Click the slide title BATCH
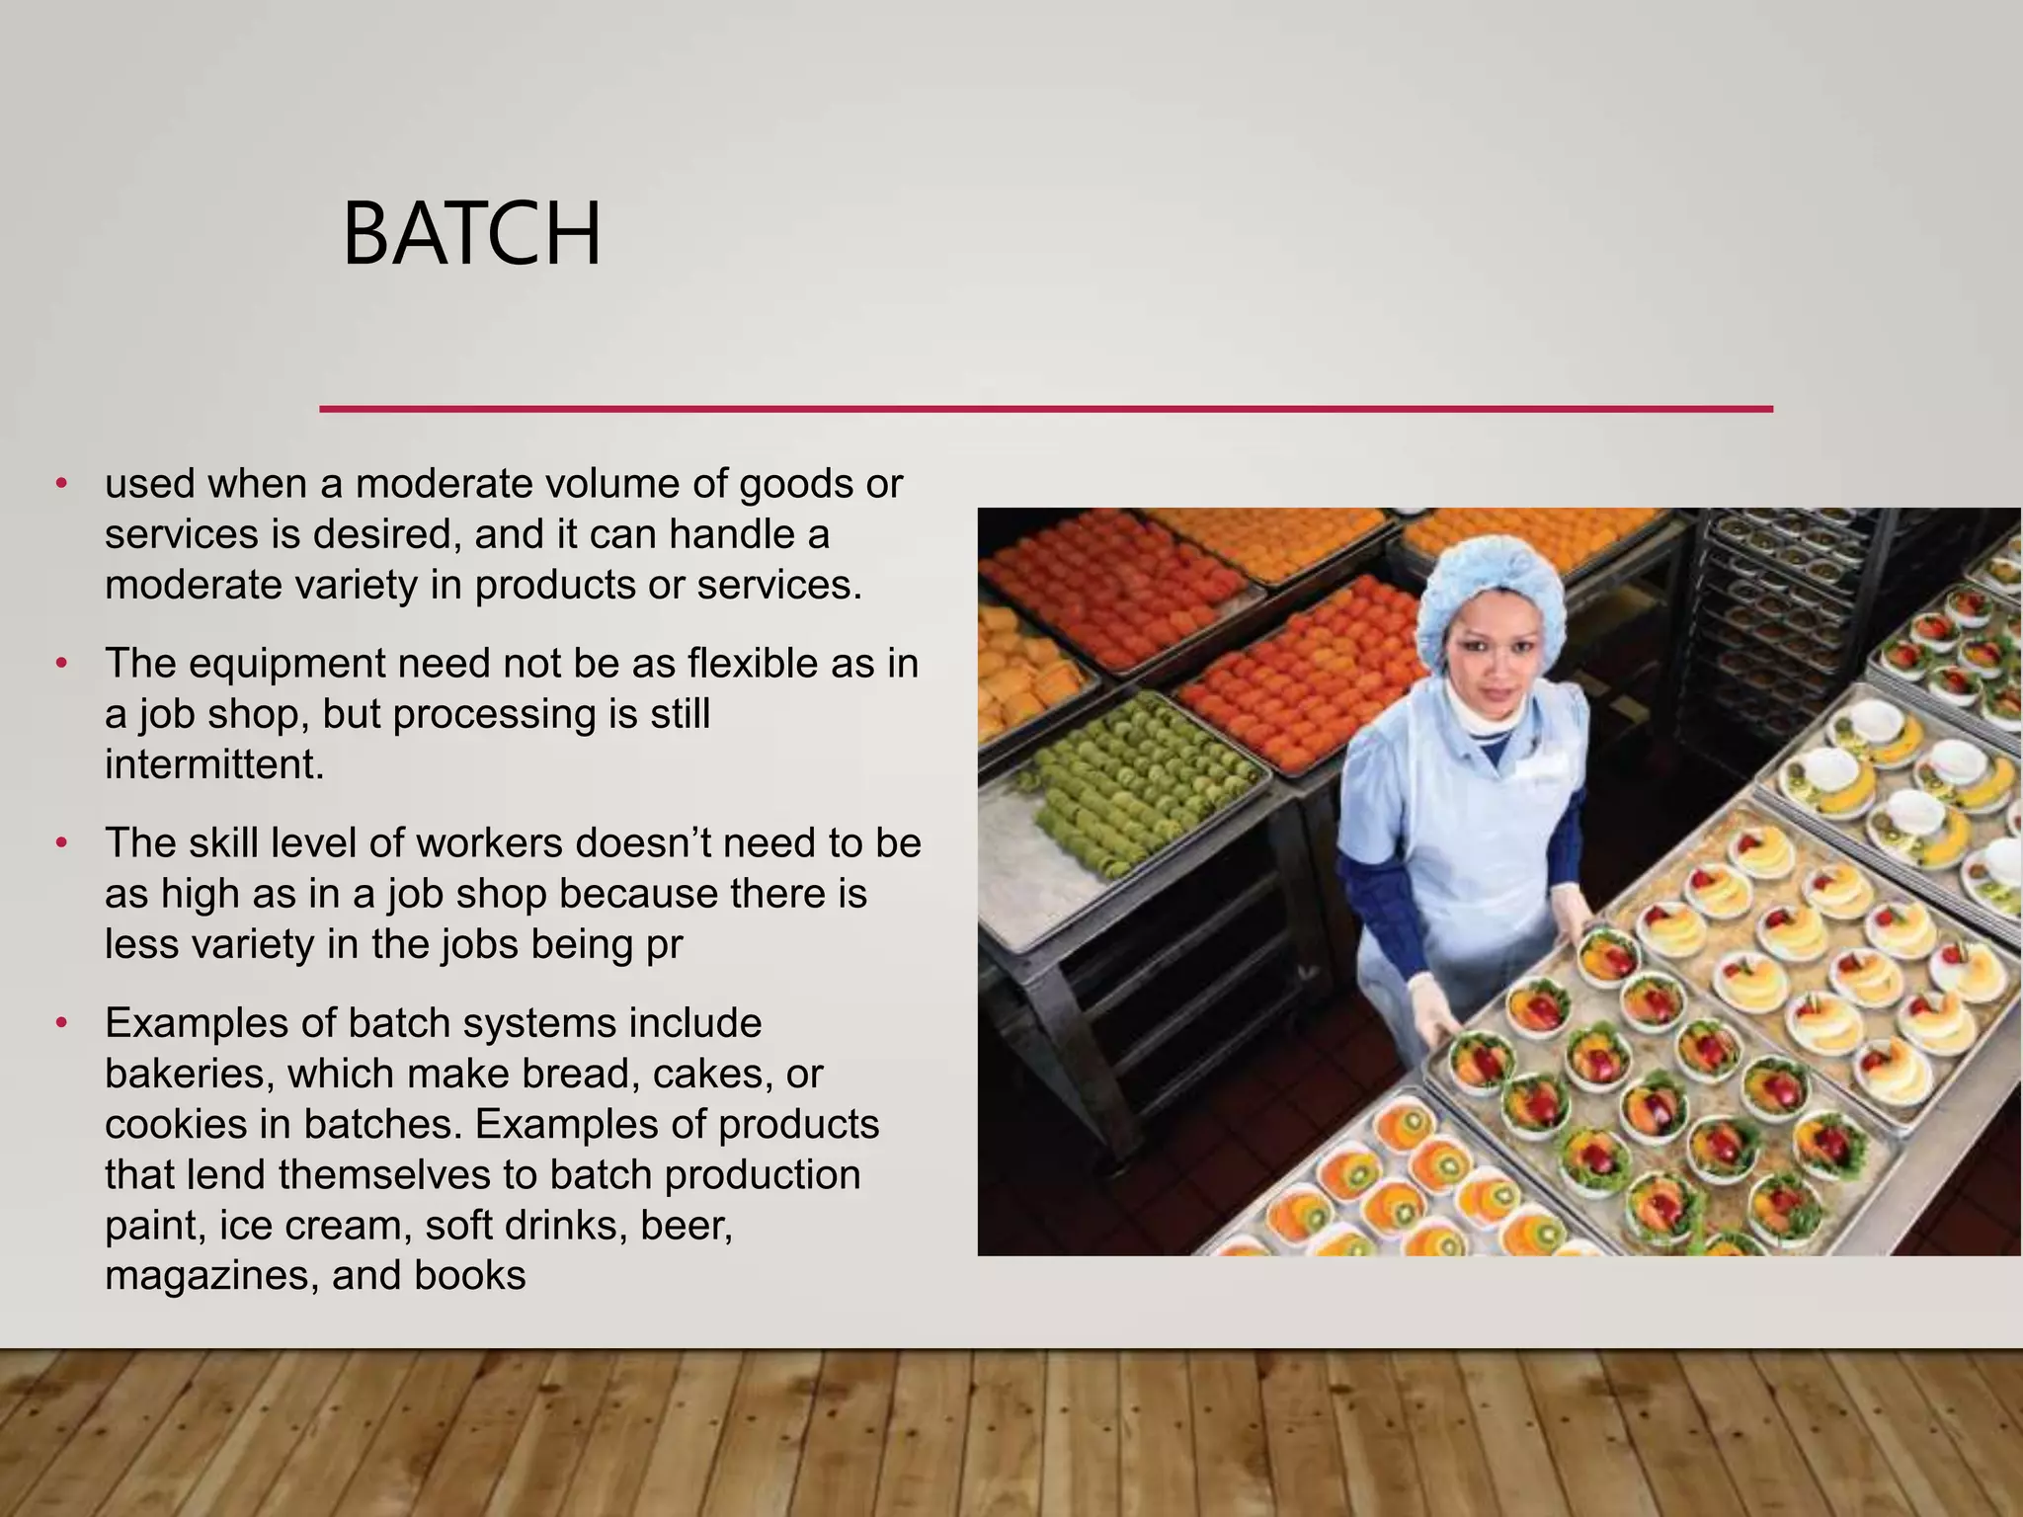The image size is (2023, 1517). point(471,235)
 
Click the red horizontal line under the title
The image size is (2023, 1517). point(1045,408)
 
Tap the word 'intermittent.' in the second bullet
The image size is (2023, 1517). point(214,764)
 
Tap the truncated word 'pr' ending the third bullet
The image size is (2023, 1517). point(664,944)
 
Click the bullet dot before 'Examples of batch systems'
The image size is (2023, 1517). point(61,1023)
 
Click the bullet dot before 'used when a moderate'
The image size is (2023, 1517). point(61,484)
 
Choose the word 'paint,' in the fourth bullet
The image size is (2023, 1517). point(153,1225)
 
